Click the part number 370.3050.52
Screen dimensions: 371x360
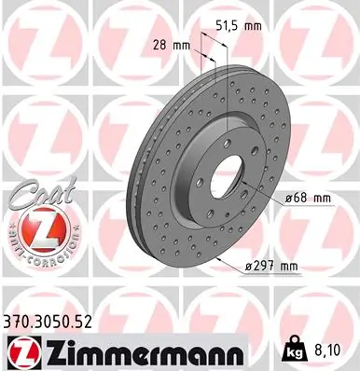48,322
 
